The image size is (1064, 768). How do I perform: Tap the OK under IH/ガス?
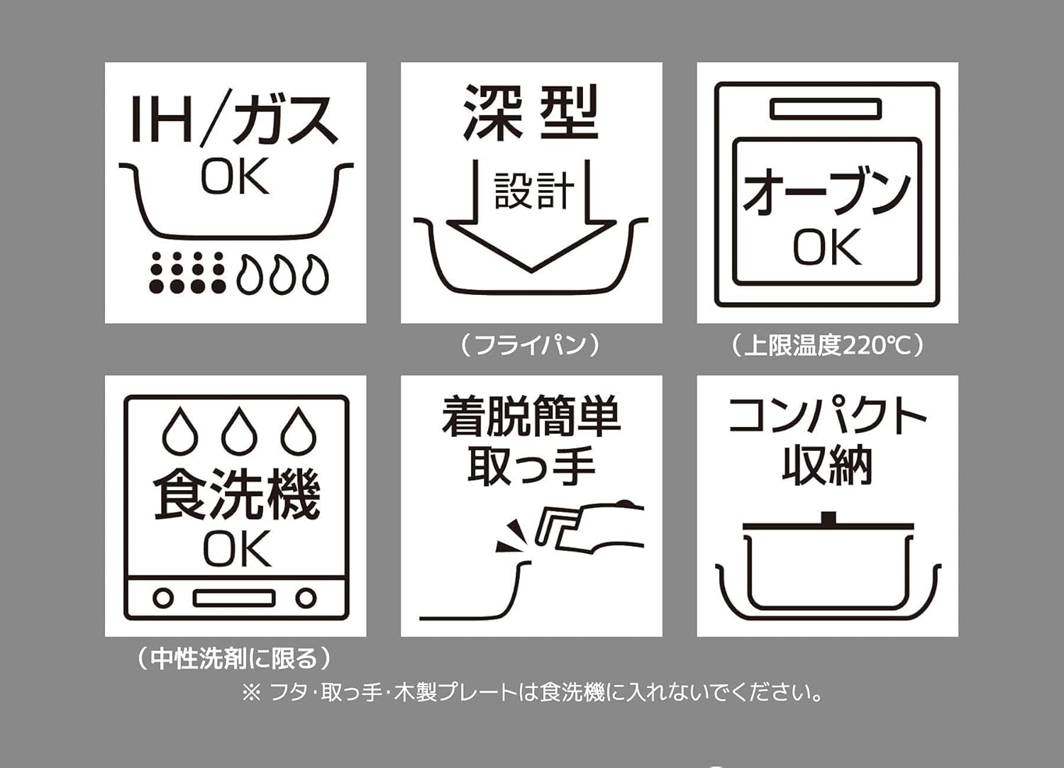click(235, 177)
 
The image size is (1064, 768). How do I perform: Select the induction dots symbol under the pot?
click(187, 272)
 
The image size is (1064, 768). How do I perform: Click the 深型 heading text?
click(531, 113)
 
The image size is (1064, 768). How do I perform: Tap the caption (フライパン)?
click(531, 345)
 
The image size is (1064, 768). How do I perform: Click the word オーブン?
click(826, 192)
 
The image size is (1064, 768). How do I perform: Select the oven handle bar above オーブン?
click(826, 109)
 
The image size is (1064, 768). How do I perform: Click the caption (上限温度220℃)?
click(827, 345)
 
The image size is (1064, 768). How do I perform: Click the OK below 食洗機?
click(237, 549)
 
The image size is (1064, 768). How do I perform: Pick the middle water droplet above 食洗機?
click(239, 431)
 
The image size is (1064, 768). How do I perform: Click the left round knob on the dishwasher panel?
click(163, 598)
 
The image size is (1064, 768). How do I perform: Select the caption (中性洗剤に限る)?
click(234, 659)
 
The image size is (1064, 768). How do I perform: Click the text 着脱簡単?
click(531, 417)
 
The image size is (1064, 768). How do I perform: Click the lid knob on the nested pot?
click(828, 518)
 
